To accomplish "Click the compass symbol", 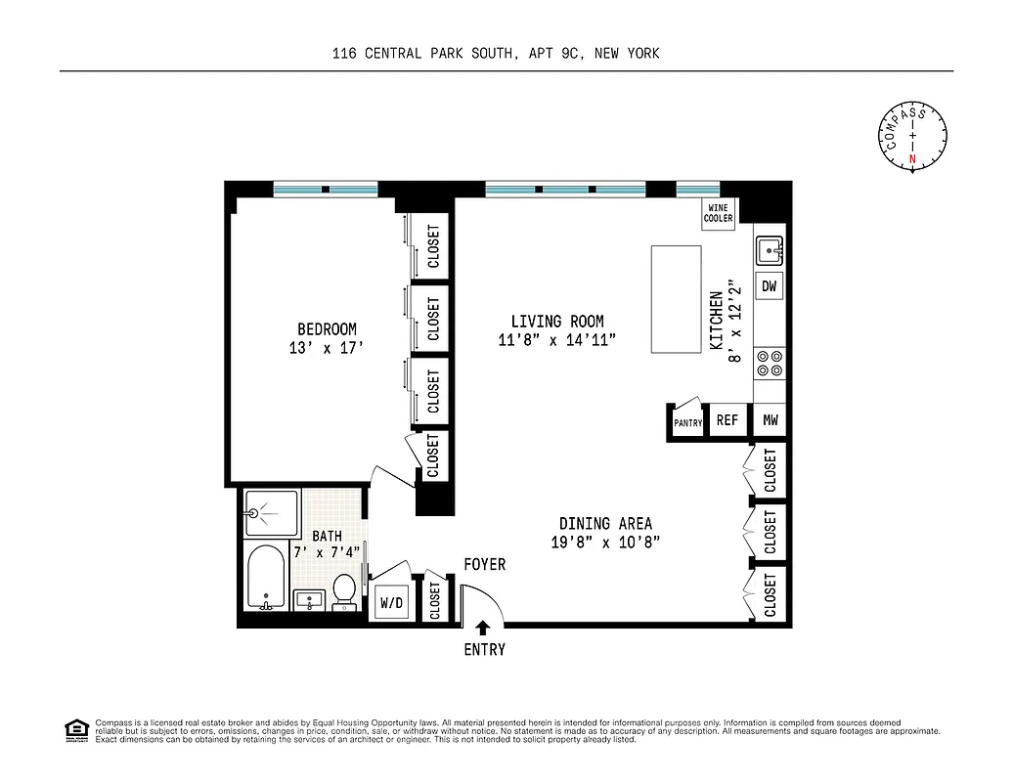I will [x=913, y=137].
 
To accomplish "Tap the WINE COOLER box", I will [x=719, y=214].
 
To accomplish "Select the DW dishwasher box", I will [x=770, y=286].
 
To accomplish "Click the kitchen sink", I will [x=770, y=250].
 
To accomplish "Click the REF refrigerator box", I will [x=727, y=420].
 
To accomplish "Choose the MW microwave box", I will [x=770, y=420].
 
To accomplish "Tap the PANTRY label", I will [x=688, y=423].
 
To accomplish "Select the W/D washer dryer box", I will [x=391, y=603].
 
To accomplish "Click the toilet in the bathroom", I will [x=344, y=591].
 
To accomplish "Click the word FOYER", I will [x=484, y=565].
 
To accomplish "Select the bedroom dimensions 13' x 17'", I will [x=327, y=347].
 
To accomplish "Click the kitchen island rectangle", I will [x=676, y=300].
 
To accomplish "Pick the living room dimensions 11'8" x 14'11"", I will [x=557, y=340].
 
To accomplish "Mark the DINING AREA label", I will [x=605, y=524].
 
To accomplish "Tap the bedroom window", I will [x=326, y=190].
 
